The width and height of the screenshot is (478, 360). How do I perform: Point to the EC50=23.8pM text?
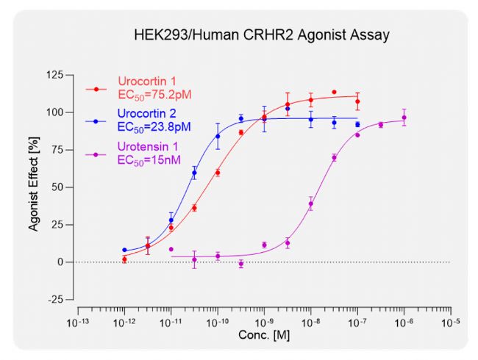pyautogui.click(x=154, y=126)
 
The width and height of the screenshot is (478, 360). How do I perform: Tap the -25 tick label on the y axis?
pyautogui.click(x=54, y=299)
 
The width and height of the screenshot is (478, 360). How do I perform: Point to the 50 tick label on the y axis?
pyautogui.click(x=57, y=187)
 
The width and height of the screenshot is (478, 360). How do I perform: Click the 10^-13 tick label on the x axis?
pyautogui.click(x=77, y=323)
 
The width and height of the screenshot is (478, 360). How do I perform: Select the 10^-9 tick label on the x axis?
pyautogui.click(x=264, y=323)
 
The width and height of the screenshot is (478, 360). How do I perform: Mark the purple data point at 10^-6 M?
pyautogui.click(x=404, y=118)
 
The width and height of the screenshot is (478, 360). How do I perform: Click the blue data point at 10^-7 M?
pyautogui.click(x=357, y=125)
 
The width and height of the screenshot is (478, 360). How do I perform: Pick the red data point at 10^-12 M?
pyautogui.click(x=124, y=259)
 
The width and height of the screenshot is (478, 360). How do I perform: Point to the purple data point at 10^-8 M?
pyautogui.click(x=311, y=204)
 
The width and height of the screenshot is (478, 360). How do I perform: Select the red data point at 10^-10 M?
pyautogui.click(x=218, y=173)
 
